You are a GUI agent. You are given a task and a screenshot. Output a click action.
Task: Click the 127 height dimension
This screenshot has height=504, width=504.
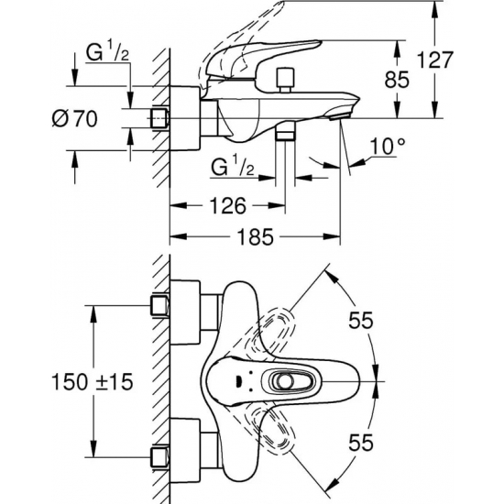point(434,60)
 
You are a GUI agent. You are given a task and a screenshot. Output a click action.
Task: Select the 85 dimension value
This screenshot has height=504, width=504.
point(397,80)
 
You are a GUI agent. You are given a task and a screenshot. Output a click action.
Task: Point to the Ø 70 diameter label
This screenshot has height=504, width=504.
point(74,118)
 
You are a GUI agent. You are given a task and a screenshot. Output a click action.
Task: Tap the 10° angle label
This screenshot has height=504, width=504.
point(388,147)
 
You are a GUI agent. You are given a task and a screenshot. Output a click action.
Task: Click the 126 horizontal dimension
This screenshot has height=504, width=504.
point(227,205)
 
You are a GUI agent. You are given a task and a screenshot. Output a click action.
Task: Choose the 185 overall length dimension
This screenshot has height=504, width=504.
point(256,237)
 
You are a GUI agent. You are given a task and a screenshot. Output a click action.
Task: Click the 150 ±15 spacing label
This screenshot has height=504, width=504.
point(92,382)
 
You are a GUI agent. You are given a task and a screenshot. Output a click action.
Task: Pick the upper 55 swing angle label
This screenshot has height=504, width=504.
point(361,320)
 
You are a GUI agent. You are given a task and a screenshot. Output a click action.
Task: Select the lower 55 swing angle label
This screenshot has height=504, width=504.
point(361,443)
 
